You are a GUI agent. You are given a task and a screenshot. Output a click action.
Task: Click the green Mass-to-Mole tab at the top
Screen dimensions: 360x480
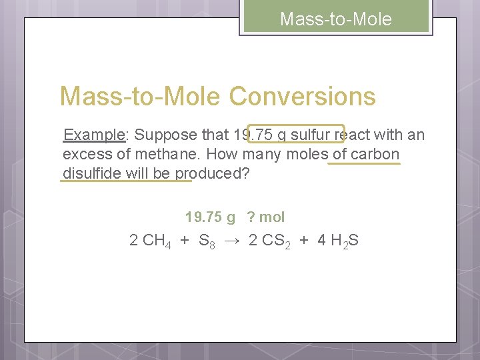point(336,19)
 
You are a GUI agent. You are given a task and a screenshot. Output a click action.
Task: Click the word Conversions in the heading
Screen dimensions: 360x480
point(303,97)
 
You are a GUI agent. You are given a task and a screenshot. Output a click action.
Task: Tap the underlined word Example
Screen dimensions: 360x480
point(94,135)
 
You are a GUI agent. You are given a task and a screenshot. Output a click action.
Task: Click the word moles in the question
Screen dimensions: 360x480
point(307,155)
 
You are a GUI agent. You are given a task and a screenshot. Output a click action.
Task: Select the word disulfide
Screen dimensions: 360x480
point(90,173)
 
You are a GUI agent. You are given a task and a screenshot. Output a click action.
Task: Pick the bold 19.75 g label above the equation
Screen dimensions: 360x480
point(210,217)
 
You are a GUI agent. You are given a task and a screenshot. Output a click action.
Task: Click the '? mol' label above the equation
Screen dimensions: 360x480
point(265,217)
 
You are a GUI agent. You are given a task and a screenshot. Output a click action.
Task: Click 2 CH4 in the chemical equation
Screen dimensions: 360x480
point(149,241)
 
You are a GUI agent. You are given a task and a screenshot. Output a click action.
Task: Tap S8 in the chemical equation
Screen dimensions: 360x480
point(207,241)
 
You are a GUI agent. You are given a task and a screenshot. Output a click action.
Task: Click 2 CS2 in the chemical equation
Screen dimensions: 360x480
point(269,241)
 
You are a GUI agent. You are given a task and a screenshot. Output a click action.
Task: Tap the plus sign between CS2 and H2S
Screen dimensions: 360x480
point(304,241)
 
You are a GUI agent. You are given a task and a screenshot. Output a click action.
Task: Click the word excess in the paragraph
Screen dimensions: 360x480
point(85,155)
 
